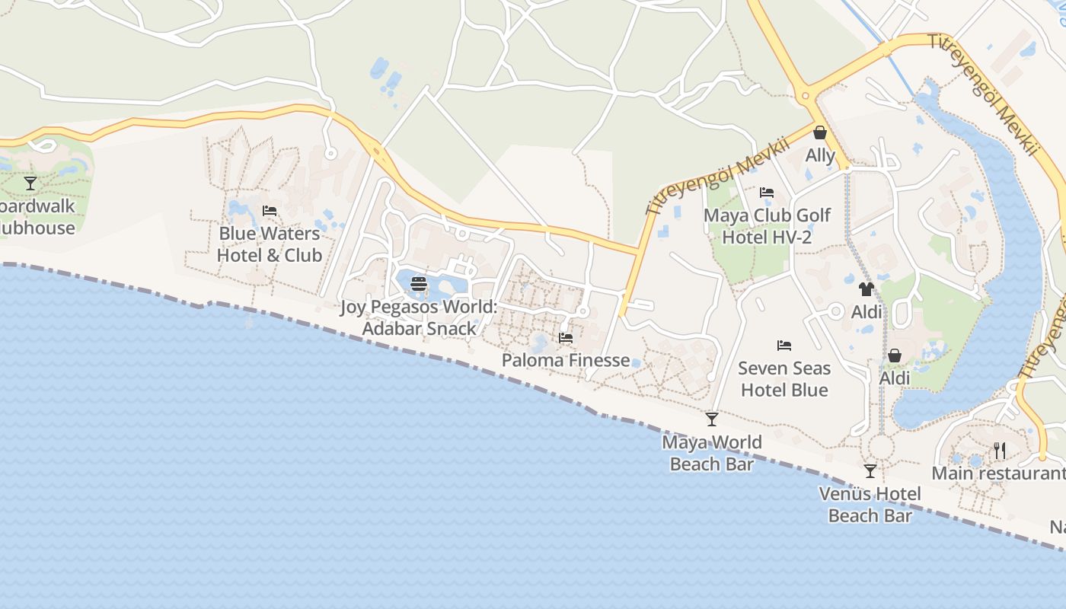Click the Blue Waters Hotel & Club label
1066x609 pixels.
270,244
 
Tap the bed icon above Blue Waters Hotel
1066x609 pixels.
270,211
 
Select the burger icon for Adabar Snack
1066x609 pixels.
419,285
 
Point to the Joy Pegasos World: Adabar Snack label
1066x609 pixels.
418,317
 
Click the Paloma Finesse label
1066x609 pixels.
566,360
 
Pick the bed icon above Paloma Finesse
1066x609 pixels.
566,338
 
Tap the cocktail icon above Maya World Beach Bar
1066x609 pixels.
712,419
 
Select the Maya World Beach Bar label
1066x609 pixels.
712,453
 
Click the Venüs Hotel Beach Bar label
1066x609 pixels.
870,505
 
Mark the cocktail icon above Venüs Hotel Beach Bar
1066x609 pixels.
870,471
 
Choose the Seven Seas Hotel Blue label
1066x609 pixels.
784,379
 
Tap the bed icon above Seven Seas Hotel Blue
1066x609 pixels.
784,346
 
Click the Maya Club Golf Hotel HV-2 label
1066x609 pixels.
767,226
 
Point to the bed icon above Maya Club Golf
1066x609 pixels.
767,193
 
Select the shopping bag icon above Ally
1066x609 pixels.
820,133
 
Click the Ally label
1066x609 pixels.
821,155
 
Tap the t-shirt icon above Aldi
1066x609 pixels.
867,289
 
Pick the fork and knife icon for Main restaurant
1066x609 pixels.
1000,451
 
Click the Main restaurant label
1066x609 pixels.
998,473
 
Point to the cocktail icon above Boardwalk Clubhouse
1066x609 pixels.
30,183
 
